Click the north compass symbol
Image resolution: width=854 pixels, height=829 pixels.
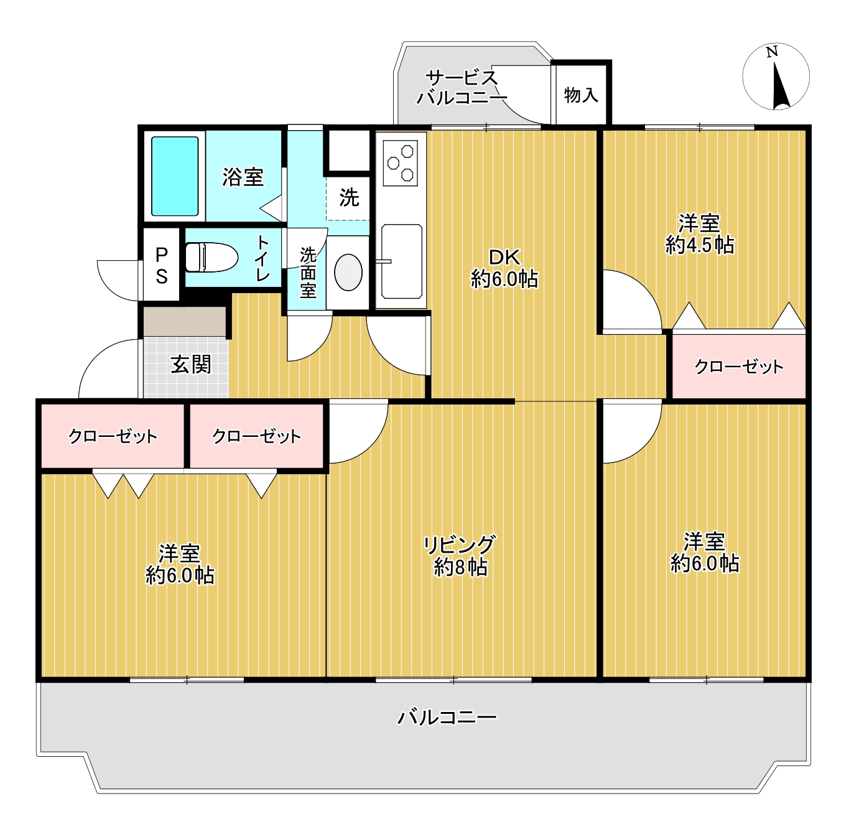pos(776,77)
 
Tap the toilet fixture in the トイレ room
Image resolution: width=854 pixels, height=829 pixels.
pos(211,257)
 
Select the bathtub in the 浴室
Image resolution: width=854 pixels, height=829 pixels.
pos(175,176)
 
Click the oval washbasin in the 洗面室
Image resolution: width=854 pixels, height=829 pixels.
pos(348,272)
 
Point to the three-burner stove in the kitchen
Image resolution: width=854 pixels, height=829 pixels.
pos(400,163)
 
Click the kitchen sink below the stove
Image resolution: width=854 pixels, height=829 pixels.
pos(402,261)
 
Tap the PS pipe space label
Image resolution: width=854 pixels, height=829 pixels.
pos(162,265)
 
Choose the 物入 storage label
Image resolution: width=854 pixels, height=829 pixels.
pos(581,95)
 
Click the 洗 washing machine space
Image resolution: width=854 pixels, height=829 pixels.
pos(349,197)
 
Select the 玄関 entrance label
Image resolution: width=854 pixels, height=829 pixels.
pos(191,365)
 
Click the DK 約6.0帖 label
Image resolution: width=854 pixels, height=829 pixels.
pos(504,268)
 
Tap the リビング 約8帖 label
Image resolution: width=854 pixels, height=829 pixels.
pos(460,556)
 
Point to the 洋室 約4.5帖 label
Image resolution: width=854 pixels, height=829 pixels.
pos(700,235)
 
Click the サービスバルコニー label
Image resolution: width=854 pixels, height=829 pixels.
pos(462,88)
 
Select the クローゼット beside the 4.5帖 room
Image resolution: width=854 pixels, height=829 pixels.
pos(738,367)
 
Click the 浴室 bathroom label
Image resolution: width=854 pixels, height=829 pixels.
pos(243,177)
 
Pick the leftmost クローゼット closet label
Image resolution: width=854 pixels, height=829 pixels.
pos(113,436)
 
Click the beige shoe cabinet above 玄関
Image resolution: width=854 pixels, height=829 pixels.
pos(185,321)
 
